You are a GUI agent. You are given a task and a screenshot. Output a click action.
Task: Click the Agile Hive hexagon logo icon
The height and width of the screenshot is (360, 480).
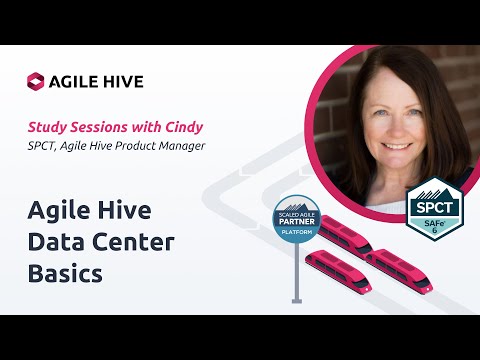(x=36, y=81)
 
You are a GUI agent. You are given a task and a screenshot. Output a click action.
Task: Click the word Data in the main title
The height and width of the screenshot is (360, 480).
(x=55, y=241)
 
